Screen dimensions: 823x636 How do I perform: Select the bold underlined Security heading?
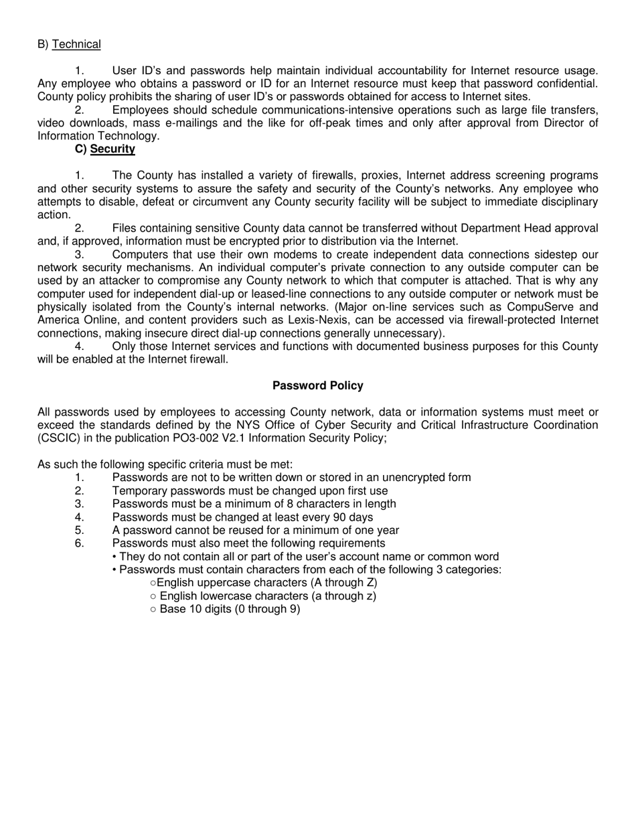[x=112, y=149]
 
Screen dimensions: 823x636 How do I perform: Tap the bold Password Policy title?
[x=318, y=386]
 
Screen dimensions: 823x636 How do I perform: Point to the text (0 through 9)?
[x=267, y=609]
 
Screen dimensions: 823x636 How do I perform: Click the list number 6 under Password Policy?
[x=80, y=543]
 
